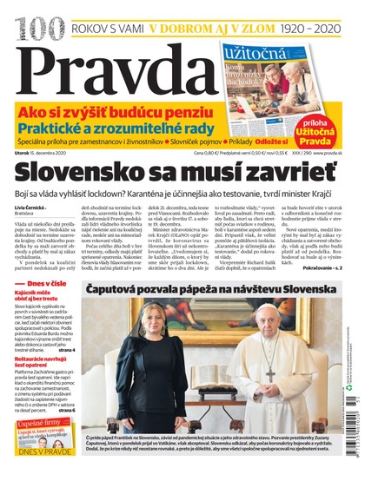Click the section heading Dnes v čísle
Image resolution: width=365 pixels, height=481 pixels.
[49, 308]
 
